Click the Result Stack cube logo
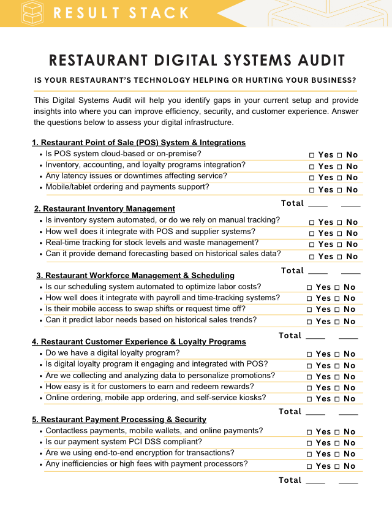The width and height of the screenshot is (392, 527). [x=32, y=13]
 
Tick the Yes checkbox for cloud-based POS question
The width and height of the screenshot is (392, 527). [x=312, y=156]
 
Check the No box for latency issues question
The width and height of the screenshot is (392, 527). [x=339, y=178]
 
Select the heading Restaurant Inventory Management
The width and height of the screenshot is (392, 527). [x=105, y=208]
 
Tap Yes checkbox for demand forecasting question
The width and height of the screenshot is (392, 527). [x=312, y=257]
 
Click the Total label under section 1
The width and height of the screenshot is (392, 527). [x=292, y=203]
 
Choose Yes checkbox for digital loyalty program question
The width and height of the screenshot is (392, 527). [x=309, y=354]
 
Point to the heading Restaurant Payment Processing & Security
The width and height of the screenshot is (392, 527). [x=119, y=419]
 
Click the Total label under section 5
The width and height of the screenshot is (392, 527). [x=290, y=480]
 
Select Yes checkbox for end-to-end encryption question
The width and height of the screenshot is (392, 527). [x=309, y=454]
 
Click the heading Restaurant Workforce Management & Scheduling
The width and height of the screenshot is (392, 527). [x=135, y=275]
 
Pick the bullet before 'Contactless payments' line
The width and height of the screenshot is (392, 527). [x=40, y=431]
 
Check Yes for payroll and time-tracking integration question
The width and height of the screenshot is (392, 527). [x=309, y=298]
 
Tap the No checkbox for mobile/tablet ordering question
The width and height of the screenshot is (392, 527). [x=339, y=190]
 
